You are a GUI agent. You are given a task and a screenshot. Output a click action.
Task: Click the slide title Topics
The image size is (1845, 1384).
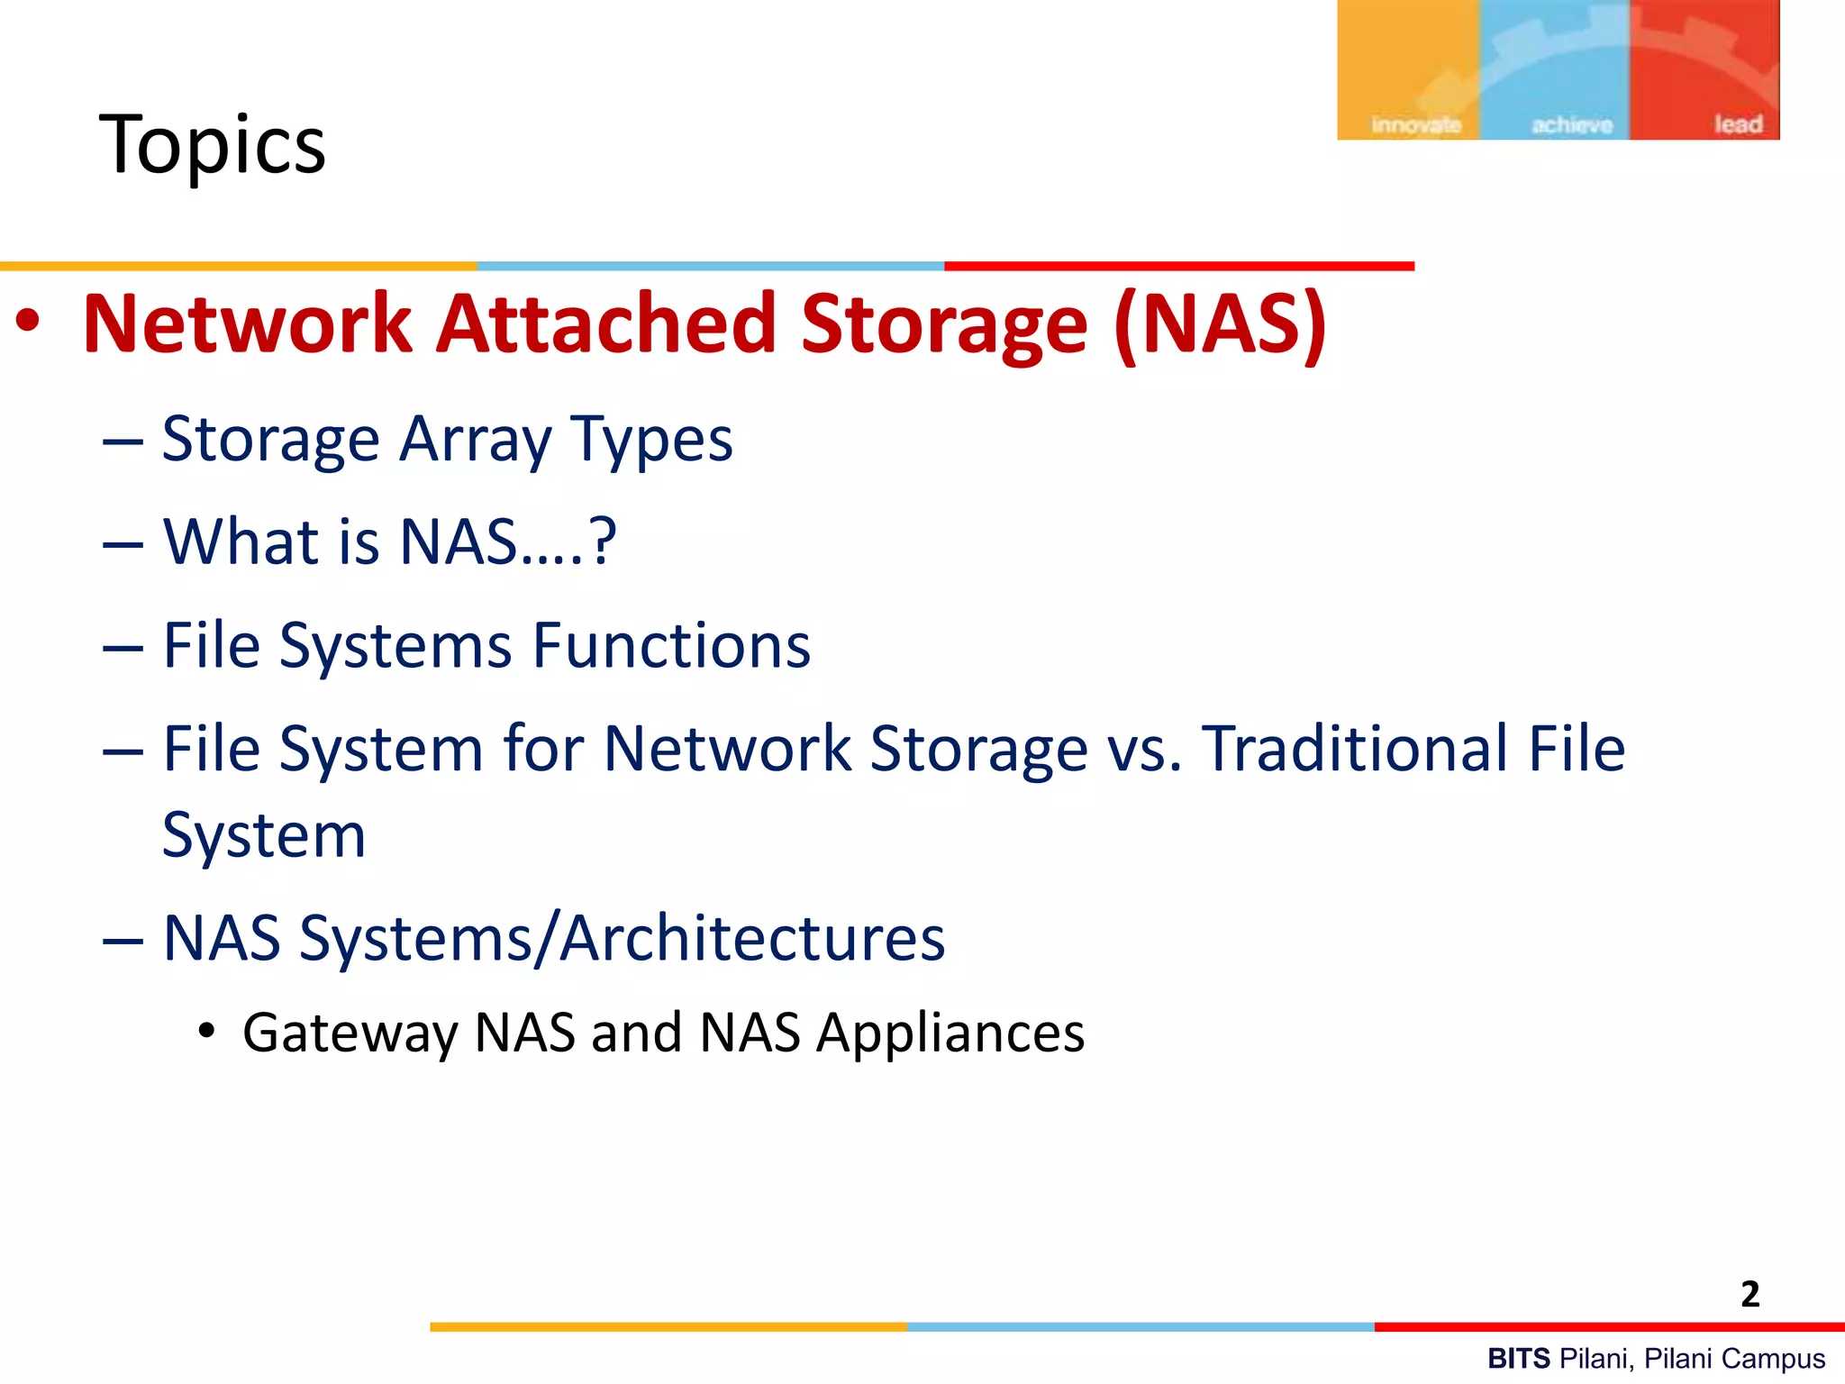pos(213,144)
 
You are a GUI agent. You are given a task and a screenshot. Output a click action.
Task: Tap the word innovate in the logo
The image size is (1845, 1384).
pos(1415,124)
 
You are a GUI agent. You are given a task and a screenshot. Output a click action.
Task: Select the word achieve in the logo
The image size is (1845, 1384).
pos(1572,124)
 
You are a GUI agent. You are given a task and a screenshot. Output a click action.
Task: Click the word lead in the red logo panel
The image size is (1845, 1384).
pos(1738,123)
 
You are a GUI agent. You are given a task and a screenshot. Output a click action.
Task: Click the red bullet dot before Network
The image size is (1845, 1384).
pos(28,322)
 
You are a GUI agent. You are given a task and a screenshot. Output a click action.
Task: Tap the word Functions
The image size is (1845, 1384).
pos(671,645)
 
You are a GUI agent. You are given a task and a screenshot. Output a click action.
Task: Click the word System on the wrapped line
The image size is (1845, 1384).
pos(264,836)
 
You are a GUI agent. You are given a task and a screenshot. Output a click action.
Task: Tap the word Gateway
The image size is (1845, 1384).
pos(350,1033)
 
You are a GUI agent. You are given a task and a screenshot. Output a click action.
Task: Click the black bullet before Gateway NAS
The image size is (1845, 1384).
pos(207,1031)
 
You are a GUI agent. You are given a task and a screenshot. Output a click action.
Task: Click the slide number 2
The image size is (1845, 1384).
pos(1750,1294)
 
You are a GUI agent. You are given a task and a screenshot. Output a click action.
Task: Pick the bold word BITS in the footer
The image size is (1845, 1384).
pos(1519,1358)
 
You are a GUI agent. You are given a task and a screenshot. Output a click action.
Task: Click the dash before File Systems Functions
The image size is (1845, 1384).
pos(123,647)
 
